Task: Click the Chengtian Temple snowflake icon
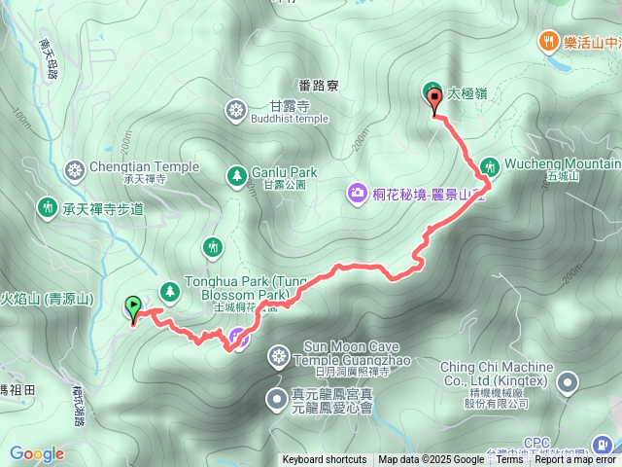pos(73,172)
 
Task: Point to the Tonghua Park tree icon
pos(170,290)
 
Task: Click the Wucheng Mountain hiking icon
pos(489,167)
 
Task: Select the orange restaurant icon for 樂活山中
pos(547,41)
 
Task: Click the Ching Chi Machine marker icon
pos(567,384)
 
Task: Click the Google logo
pos(37,453)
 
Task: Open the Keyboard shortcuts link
pos(325,460)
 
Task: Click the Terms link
pos(509,460)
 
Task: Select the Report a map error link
pos(575,460)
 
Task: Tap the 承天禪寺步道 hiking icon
pos(46,207)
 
